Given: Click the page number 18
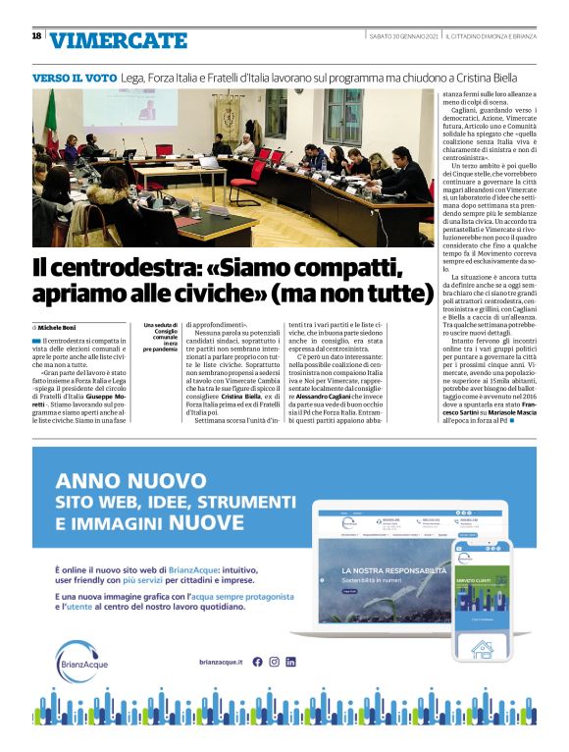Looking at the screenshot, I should (36, 36).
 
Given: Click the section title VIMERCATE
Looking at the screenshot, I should (118, 40).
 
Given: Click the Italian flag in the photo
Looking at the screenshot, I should (52, 123).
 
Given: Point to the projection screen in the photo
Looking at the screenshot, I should (148, 110).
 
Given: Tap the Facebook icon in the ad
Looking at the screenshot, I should (258, 662).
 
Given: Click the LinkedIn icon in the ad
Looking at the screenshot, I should (291, 662).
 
